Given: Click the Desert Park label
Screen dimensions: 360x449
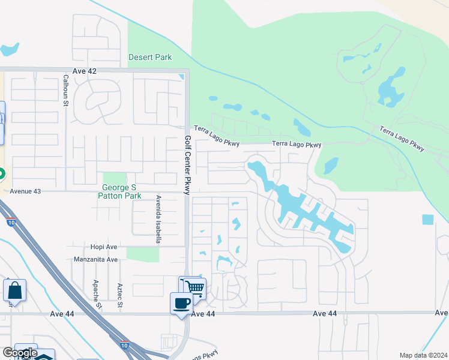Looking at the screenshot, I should [x=150, y=58].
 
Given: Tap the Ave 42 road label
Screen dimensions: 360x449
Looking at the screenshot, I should [x=84, y=71].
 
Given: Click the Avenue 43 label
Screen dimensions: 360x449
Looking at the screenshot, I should [x=25, y=191].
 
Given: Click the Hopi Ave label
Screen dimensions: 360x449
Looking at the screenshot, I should [x=103, y=247].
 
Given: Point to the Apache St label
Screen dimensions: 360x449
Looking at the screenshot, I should [x=95, y=293].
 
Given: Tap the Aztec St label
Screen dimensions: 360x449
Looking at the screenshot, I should [x=120, y=296].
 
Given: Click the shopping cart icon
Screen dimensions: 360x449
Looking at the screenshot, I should [x=193, y=287].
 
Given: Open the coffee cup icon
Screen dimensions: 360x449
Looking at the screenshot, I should [x=181, y=302].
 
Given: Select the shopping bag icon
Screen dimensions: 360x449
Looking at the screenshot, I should [x=14, y=290].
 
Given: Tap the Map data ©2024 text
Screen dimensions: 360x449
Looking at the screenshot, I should [x=423, y=355].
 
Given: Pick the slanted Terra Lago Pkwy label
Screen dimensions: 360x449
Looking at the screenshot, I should [x=402, y=138].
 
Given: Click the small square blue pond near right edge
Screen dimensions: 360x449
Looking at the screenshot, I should [x=428, y=220].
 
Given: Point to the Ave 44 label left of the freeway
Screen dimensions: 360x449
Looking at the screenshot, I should [x=62, y=314].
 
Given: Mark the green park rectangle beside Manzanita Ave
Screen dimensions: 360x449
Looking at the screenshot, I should [x=143, y=254].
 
